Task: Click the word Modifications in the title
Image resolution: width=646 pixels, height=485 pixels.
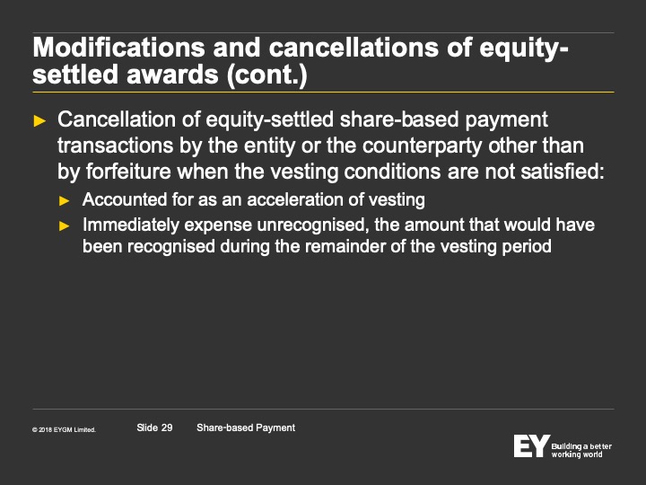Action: tap(118, 47)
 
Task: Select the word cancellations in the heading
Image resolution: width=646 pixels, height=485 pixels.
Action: tap(354, 47)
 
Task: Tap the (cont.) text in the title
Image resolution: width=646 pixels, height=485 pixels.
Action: tap(267, 75)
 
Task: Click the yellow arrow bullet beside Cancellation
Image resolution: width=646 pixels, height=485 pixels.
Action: tap(39, 121)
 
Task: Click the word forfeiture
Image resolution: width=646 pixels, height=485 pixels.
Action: tap(128, 172)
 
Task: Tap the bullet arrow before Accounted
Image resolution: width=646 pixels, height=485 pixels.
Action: tap(65, 201)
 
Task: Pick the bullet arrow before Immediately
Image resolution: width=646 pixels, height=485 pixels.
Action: tap(65, 226)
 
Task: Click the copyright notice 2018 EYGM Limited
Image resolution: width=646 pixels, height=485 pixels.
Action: tap(64, 429)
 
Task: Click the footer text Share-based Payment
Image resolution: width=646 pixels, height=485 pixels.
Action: tap(246, 428)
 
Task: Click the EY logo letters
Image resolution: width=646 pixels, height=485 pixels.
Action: tap(532, 445)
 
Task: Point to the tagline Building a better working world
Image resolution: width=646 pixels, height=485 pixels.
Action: tap(581, 450)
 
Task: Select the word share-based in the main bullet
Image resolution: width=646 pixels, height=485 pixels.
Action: tap(399, 119)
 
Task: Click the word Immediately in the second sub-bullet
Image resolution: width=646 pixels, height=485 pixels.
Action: tap(131, 225)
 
